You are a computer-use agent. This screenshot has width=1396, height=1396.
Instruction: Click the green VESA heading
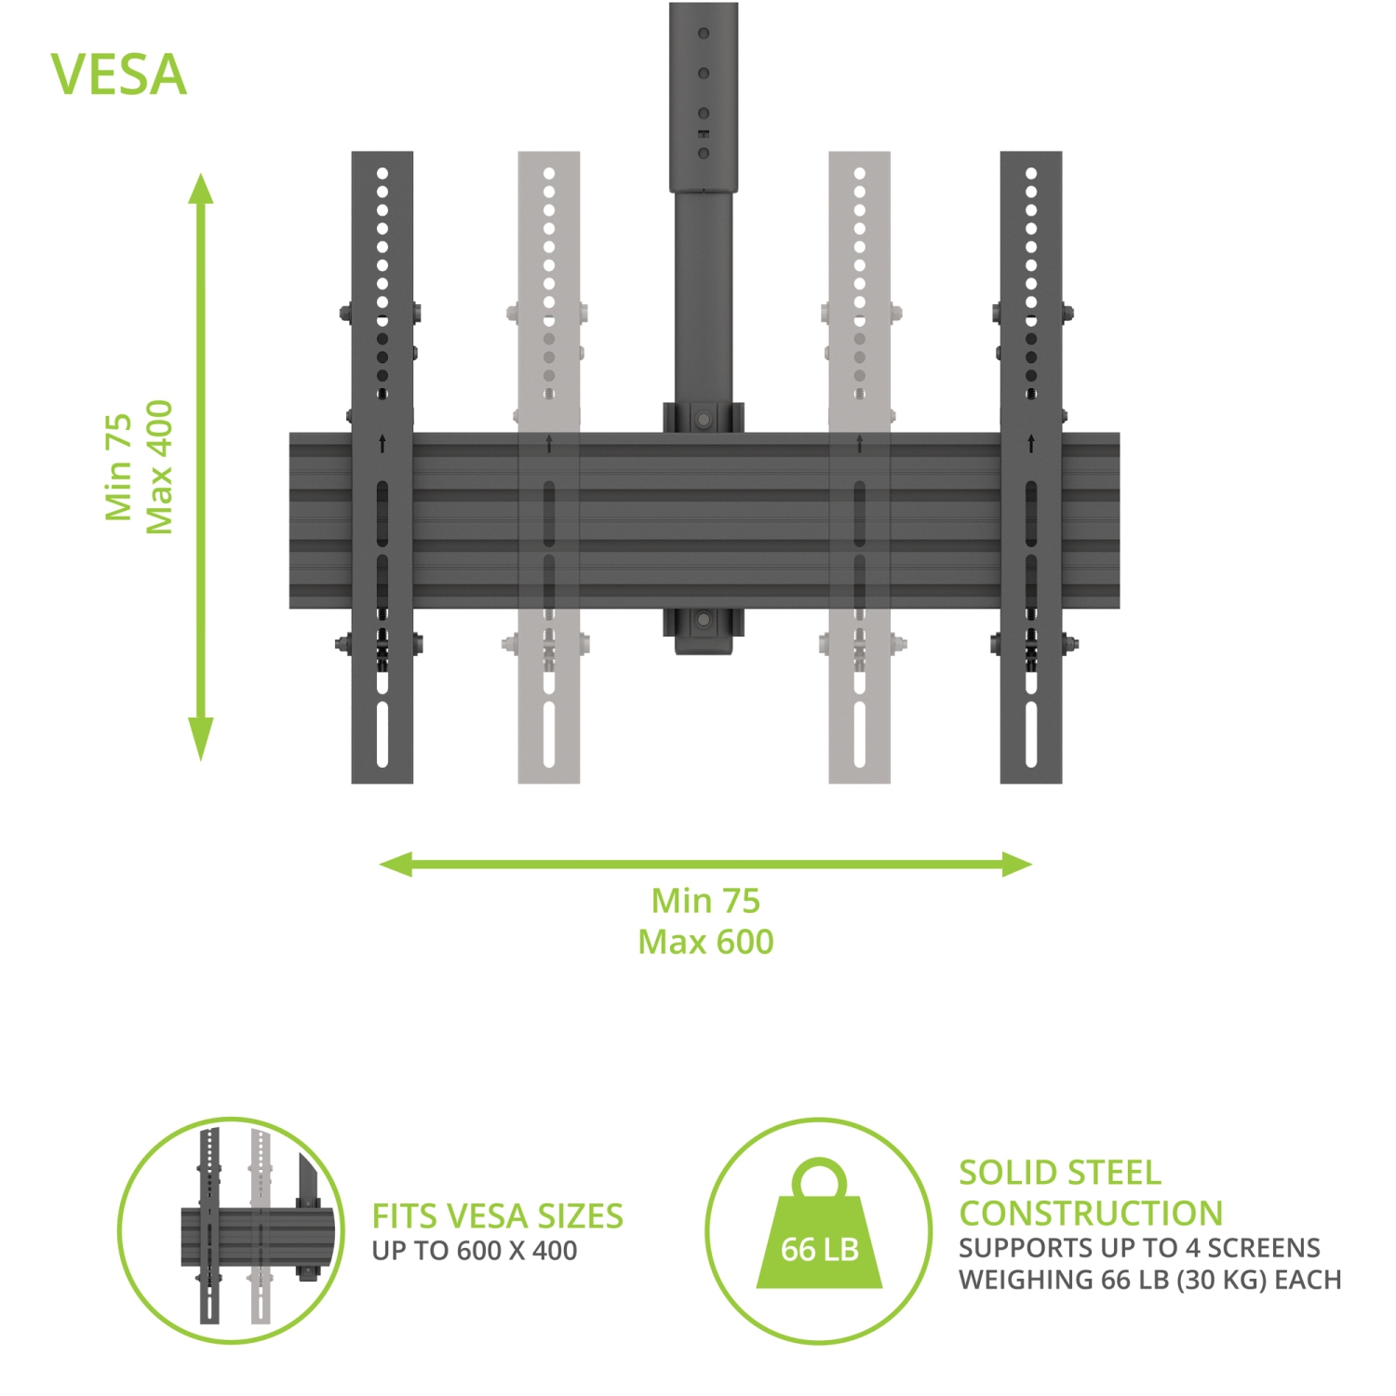click(119, 74)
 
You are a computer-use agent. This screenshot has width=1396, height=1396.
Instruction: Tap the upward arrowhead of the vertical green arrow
click(201, 188)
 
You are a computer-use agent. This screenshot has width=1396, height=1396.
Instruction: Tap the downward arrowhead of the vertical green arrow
click(201, 739)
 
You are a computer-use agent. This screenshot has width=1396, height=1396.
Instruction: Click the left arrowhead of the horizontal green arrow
click(396, 865)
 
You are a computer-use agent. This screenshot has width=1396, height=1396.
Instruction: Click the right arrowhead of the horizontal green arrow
click(1016, 865)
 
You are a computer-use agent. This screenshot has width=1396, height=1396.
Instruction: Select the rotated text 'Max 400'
click(160, 467)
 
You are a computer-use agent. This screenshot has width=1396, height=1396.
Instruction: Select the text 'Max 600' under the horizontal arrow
click(705, 942)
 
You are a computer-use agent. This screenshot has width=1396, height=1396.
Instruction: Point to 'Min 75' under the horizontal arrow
click(705, 901)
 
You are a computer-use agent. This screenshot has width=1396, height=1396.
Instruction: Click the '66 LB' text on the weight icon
click(819, 1249)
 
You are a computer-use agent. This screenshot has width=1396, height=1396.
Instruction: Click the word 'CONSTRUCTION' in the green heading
click(1091, 1214)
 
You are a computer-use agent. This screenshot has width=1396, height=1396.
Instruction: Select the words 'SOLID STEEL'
click(1060, 1173)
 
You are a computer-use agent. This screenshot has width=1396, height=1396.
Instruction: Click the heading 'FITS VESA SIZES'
click(498, 1216)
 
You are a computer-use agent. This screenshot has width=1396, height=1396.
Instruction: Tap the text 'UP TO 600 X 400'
click(475, 1251)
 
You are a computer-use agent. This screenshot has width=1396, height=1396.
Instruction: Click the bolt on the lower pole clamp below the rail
click(704, 620)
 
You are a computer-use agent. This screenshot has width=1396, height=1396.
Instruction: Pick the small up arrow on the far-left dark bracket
click(383, 444)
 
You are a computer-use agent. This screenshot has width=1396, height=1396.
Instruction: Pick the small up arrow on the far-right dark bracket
click(1031, 444)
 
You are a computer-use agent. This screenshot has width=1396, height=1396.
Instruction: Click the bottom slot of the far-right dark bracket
click(1031, 734)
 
